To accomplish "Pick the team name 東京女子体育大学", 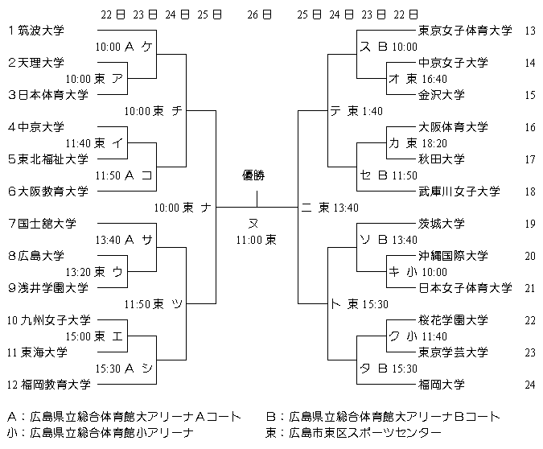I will click(x=465, y=31).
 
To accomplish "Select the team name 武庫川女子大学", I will click(x=459, y=192).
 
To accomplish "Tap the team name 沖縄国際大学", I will click(x=454, y=256).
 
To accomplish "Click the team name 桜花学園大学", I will click(x=454, y=320).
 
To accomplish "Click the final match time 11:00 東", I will click(x=257, y=239).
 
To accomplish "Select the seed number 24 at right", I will click(x=529, y=385).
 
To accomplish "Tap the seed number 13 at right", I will click(x=529, y=31).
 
